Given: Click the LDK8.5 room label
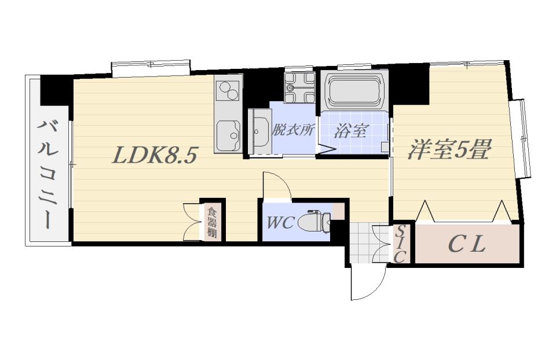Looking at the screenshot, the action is pyautogui.click(x=154, y=155).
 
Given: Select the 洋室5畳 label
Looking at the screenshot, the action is pyautogui.click(x=449, y=149).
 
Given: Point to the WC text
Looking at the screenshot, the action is pyautogui.click(x=280, y=222).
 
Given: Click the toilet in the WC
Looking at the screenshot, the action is pyautogui.click(x=314, y=222).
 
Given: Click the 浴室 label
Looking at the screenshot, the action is pyautogui.click(x=350, y=131).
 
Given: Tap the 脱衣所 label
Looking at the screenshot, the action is pyautogui.click(x=293, y=130).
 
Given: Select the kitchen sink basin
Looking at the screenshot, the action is pyautogui.click(x=228, y=135).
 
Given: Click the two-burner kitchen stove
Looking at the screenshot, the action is pyautogui.click(x=228, y=90).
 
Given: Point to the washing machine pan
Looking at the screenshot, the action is pyautogui.click(x=299, y=87).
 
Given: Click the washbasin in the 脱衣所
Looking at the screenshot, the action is pyautogui.click(x=261, y=131).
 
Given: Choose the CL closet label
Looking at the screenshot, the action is pyautogui.click(x=466, y=244).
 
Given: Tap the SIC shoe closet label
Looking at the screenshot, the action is pyautogui.click(x=400, y=244).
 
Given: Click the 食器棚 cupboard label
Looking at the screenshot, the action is pyautogui.click(x=212, y=222).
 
